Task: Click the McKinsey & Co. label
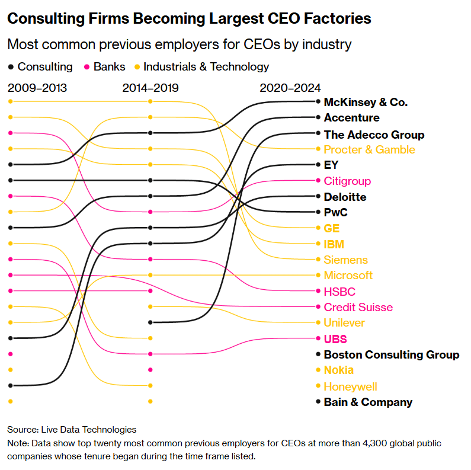click(365, 103)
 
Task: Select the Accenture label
click(351, 118)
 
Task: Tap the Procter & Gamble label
click(369, 149)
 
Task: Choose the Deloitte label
click(345, 197)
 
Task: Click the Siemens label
click(345, 260)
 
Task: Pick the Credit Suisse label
click(358, 307)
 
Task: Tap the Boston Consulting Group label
click(391, 355)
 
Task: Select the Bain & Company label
click(367, 402)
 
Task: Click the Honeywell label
click(350, 386)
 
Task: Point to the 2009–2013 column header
click(37, 88)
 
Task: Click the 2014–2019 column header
click(150, 88)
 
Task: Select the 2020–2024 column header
click(290, 88)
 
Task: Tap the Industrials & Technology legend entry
click(206, 67)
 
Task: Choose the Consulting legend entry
click(44, 67)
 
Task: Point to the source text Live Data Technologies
click(88, 430)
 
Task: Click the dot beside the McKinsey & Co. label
click(319, 101)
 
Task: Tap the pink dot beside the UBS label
click(319, 338)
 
